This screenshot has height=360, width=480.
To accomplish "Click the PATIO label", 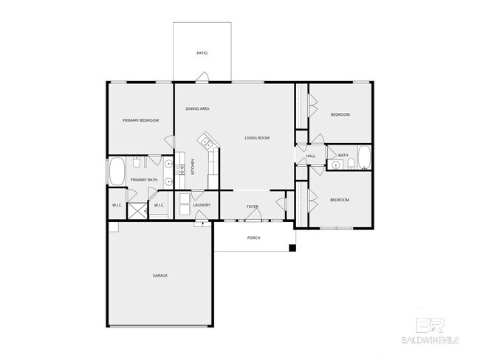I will click(x=202, y=53).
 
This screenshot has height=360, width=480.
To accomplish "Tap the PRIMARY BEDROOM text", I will click(x=140, y=120).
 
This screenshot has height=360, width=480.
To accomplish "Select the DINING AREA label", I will click(x=197, y=108).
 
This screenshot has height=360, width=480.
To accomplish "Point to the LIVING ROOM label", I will click(x=257, y=138).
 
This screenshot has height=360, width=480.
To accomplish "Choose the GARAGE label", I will click(x=160, y=275).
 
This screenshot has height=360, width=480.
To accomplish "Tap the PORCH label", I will click(x=254, y=238).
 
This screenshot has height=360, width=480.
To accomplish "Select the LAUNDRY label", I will click(x=202, y=205).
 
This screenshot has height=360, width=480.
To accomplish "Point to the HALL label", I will click(x=310, y=156).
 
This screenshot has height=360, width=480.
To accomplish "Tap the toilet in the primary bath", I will click(x=136, y=164).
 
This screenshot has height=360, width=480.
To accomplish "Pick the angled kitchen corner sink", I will click(x=205, y=140).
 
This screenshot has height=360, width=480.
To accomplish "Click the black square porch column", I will click(x=293, y=247).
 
